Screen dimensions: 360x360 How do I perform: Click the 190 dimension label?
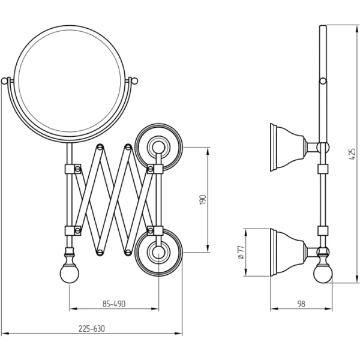[x=203, y=199]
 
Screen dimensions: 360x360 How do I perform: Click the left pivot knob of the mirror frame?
[x=4, y=80]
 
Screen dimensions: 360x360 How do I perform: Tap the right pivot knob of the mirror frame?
[x=135, y=80]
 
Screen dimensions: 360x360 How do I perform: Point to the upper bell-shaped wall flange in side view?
[x=287, y=146]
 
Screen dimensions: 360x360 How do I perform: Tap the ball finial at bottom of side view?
[x=323, y=274]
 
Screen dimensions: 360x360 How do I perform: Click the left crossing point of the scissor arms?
[x=91, y=199]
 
